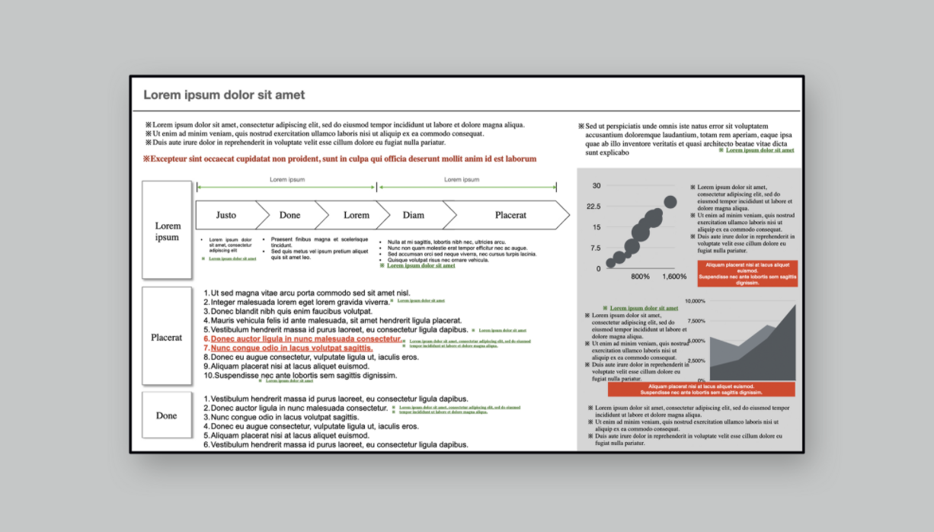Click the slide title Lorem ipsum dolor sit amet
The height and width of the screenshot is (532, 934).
(224, 95)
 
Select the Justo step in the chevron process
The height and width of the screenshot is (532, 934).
(226, 215)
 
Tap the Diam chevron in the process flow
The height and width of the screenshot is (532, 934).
(414, 215)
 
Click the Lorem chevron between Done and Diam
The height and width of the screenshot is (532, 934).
(356, 215)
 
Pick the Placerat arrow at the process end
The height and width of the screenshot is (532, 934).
(510, 215)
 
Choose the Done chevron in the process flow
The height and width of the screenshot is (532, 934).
(289, 215)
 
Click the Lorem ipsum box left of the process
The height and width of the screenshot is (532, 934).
(167, 230)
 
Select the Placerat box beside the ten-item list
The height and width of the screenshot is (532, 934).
(166, 337)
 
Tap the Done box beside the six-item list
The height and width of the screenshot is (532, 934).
(166, 415)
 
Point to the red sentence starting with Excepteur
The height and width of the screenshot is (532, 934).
(339, 159)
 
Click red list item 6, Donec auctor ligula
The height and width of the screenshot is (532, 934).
(305, 339)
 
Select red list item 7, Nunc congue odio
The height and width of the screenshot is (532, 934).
(292, 348)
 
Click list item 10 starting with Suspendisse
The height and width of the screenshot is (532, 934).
(301, 375)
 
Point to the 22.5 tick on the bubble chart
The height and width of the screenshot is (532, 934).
(592, 207)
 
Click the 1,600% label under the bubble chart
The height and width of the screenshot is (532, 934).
(674, 276)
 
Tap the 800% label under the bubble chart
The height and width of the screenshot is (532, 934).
(640, 276)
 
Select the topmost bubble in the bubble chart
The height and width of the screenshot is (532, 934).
(670, 202)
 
